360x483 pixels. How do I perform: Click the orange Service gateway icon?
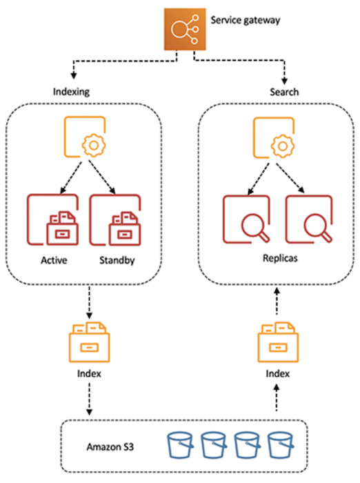click(185, 29)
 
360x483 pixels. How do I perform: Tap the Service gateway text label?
click(246, 20)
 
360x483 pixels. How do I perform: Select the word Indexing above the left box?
click(72, 92)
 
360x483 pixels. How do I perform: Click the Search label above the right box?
click(284, 92)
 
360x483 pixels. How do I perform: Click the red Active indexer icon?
click(52, 219)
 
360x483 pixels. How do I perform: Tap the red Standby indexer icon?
click(115, 220)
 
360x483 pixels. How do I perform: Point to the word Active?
click(54, 260)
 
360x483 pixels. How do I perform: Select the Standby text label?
click(117, 261)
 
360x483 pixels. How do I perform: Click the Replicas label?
click(280, 258)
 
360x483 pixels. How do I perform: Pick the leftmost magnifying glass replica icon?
click(246, 219)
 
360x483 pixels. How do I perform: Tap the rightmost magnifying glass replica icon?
click(309, 219)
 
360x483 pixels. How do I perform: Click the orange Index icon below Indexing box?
click(89, 342)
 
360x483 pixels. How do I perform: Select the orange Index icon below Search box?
click(278, 342)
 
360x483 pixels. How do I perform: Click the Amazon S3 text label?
click(110, 446)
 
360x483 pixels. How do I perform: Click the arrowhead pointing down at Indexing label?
click(74, 75)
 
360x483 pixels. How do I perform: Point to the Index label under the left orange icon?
click(89, 374)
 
